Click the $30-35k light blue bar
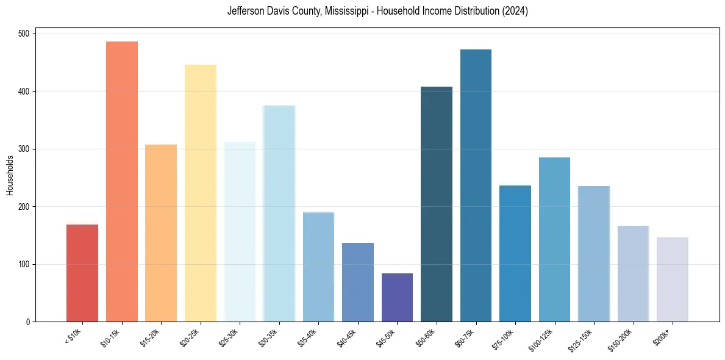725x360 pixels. pyautogui.click(x=279, y=214)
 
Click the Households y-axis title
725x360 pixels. pyautogui.click(x=10, y=175)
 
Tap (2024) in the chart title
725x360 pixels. pyautogui.click(x=516, y=11)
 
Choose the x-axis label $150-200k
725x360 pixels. pyautogui.click(x=620, y=339)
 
